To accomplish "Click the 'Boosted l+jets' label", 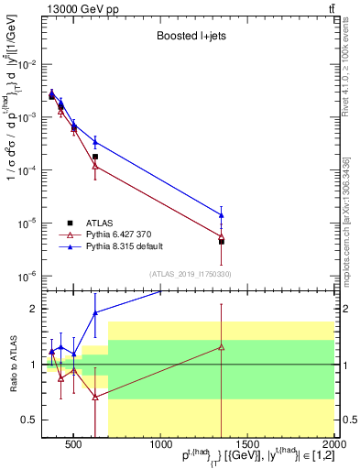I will pyautogui.click(x=192, y=37).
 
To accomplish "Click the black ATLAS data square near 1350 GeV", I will pyautogui.click(x=222, y=242).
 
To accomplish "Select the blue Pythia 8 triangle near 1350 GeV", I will pyautogui.click(x=222, y=215).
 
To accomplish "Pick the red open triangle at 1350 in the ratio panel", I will pyautogui.click(x=222, y=347).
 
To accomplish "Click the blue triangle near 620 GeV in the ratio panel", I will pyautogui.click(x=95, y=312).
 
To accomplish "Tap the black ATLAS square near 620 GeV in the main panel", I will pyautogui.click(x=95, y=157).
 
